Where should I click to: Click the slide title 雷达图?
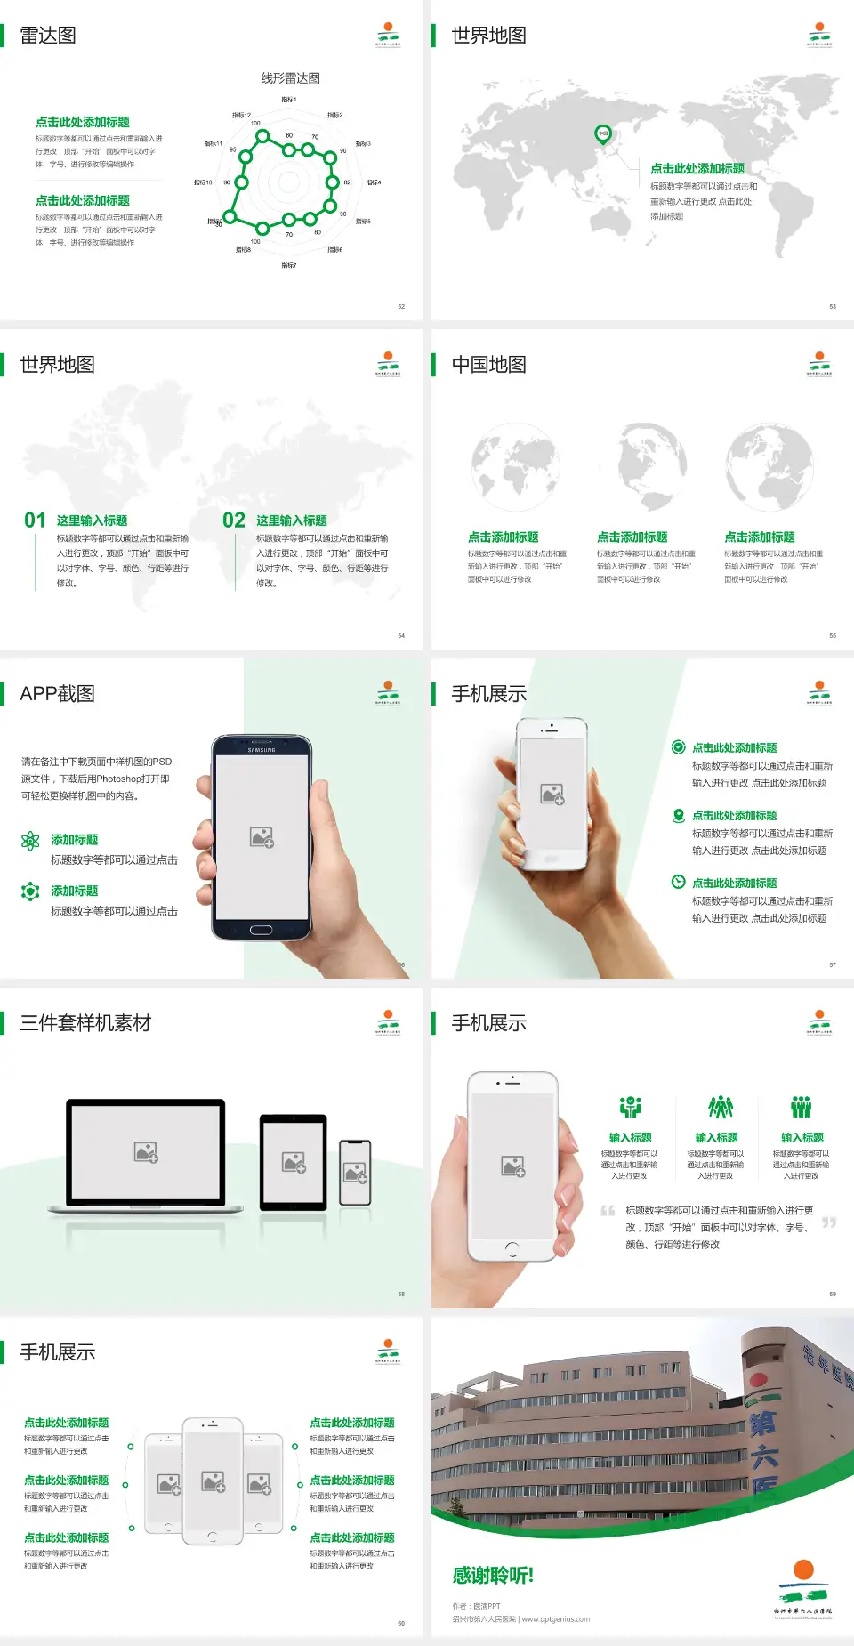(x=48, y=36)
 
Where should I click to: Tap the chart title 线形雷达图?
(x=290, y=78)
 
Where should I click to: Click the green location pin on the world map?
(x=602, y=134)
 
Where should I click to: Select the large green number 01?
(x=35, y=520)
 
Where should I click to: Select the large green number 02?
(x=234, y=520)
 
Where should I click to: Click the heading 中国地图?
(x=488, y=365)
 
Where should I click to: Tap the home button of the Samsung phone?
(x=261, y=930)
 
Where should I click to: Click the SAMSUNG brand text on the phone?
(x=262, y=750)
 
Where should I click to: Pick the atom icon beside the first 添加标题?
(x=30, y=841)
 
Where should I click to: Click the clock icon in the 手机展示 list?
(x=678, y=882)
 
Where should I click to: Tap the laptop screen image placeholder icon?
(x=146, y=1152)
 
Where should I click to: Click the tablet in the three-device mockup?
(x=293, y=1161)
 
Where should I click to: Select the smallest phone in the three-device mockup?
(x=355, y=1173)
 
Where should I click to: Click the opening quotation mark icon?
(x=608, y=1210)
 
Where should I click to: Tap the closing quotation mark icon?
(x=828, y=1222)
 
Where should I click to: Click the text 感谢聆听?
(x=493, y=1576)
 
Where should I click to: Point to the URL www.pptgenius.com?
(x=556, y=1619)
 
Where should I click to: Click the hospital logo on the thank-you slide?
(x=803, y=1588)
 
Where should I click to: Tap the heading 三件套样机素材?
(x=85, y=1023)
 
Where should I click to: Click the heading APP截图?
(x=57, y=694)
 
